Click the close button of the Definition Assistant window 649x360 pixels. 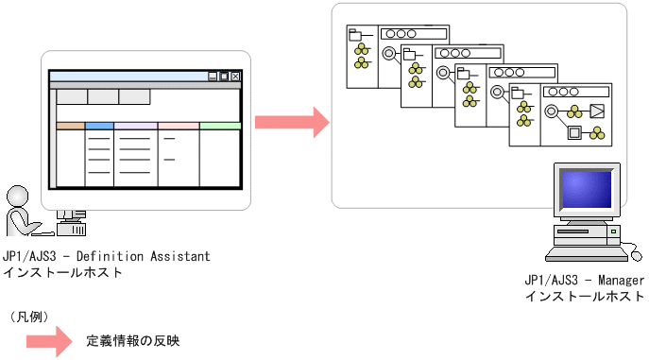(235, 77)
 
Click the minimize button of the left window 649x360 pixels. (213, 77)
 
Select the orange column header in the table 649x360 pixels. (71, 126)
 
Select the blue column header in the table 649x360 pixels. (99, 126)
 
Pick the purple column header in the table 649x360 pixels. (135, 126)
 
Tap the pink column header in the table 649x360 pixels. (179, 126)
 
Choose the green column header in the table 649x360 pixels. (220, 126)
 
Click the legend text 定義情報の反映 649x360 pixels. (132, 341)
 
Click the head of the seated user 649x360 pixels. (15, 196)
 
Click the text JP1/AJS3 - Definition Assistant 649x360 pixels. (106, 256)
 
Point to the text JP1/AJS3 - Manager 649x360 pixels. (584, 282)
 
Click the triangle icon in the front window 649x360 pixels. (597, 111)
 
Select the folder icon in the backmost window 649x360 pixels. (355, 37)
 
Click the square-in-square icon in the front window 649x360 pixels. (572, 133)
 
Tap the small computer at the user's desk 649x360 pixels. (70, 222)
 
